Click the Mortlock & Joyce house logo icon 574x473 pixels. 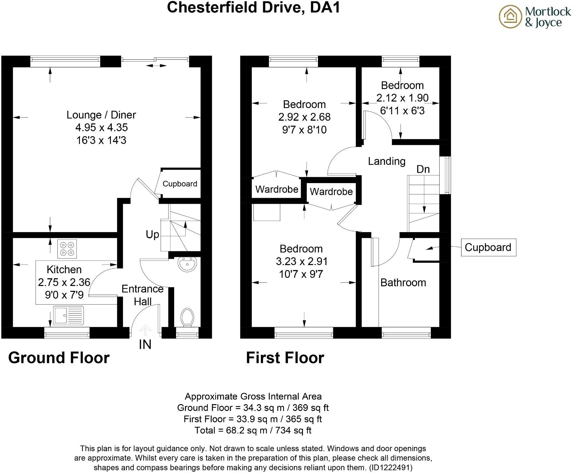[x=511, y=17]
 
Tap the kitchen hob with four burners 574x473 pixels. [x=67, y=249]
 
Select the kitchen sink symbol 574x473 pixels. [x=68, y=315]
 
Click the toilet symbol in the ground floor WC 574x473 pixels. [x=187, y=317]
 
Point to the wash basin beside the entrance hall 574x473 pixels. [x=187, y=264]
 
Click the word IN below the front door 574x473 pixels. [x=145, y=345]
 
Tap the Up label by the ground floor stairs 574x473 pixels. [x=152, y=234]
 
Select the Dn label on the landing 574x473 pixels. [x=423, y=169]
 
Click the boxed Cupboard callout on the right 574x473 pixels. [x=488, y=247]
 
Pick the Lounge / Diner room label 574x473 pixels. [x=101, y=115]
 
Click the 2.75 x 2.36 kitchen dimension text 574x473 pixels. [x=64, y=282]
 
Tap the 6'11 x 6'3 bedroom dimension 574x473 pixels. [x=402, y=111]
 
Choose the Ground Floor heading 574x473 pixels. [x=59, y=358]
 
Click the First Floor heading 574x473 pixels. [x=285, y=358]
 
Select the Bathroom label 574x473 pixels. [x=403, y=283]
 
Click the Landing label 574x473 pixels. [x=386, y=161]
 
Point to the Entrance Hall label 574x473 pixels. [x=143, y=295]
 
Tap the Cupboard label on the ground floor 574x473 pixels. [x=180, y=184]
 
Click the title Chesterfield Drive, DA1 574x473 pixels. [x=253, y=7]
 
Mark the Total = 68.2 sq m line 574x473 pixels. [x=253, y=430]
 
